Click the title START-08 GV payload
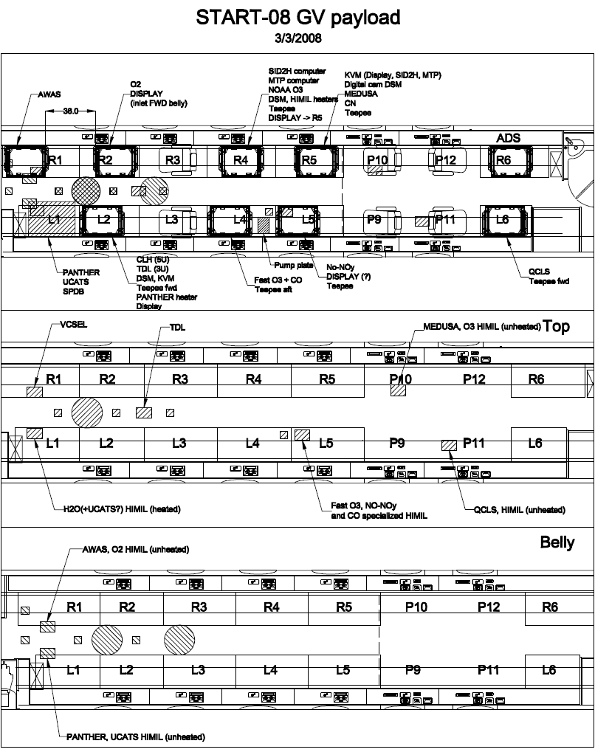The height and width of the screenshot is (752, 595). [297, 18]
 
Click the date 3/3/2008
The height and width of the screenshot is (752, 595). [297, 38]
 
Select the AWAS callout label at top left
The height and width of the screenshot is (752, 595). [49, 94]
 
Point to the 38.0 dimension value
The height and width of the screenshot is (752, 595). [70, 111]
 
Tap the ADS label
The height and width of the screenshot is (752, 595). [509, 138]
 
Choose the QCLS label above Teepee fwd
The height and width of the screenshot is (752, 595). [539, 272]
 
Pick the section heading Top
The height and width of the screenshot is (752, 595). [556, 327]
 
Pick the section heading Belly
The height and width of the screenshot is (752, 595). [557, 542]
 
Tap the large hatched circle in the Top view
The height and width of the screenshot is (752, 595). [86, 411]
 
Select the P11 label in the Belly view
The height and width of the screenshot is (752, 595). [488, 670]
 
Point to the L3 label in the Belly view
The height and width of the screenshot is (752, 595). [198, 670]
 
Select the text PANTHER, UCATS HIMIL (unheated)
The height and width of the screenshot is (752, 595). [135, 737]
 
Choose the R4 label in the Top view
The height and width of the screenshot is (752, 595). [253, 379]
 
